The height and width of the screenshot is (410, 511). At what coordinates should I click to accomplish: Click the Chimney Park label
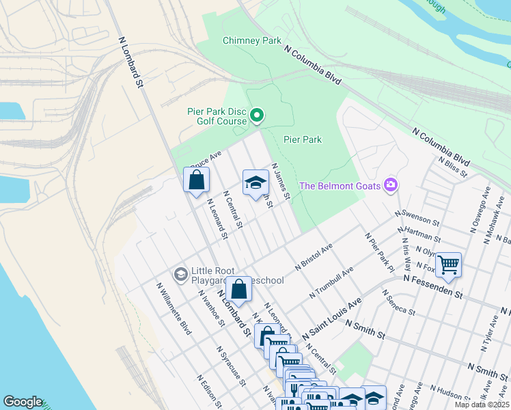(252, 41)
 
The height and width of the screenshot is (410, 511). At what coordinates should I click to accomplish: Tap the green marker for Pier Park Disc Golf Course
(257, 115)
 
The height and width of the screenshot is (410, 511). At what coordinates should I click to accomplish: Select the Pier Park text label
(303, 139)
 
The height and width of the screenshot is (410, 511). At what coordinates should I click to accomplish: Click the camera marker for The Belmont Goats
(391, 184)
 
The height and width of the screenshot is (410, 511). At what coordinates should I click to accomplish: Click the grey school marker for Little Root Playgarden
(180, 275)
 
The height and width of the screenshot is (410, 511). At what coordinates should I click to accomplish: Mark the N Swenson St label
(417, 217)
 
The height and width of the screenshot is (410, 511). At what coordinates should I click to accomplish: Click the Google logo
(23, 402)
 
